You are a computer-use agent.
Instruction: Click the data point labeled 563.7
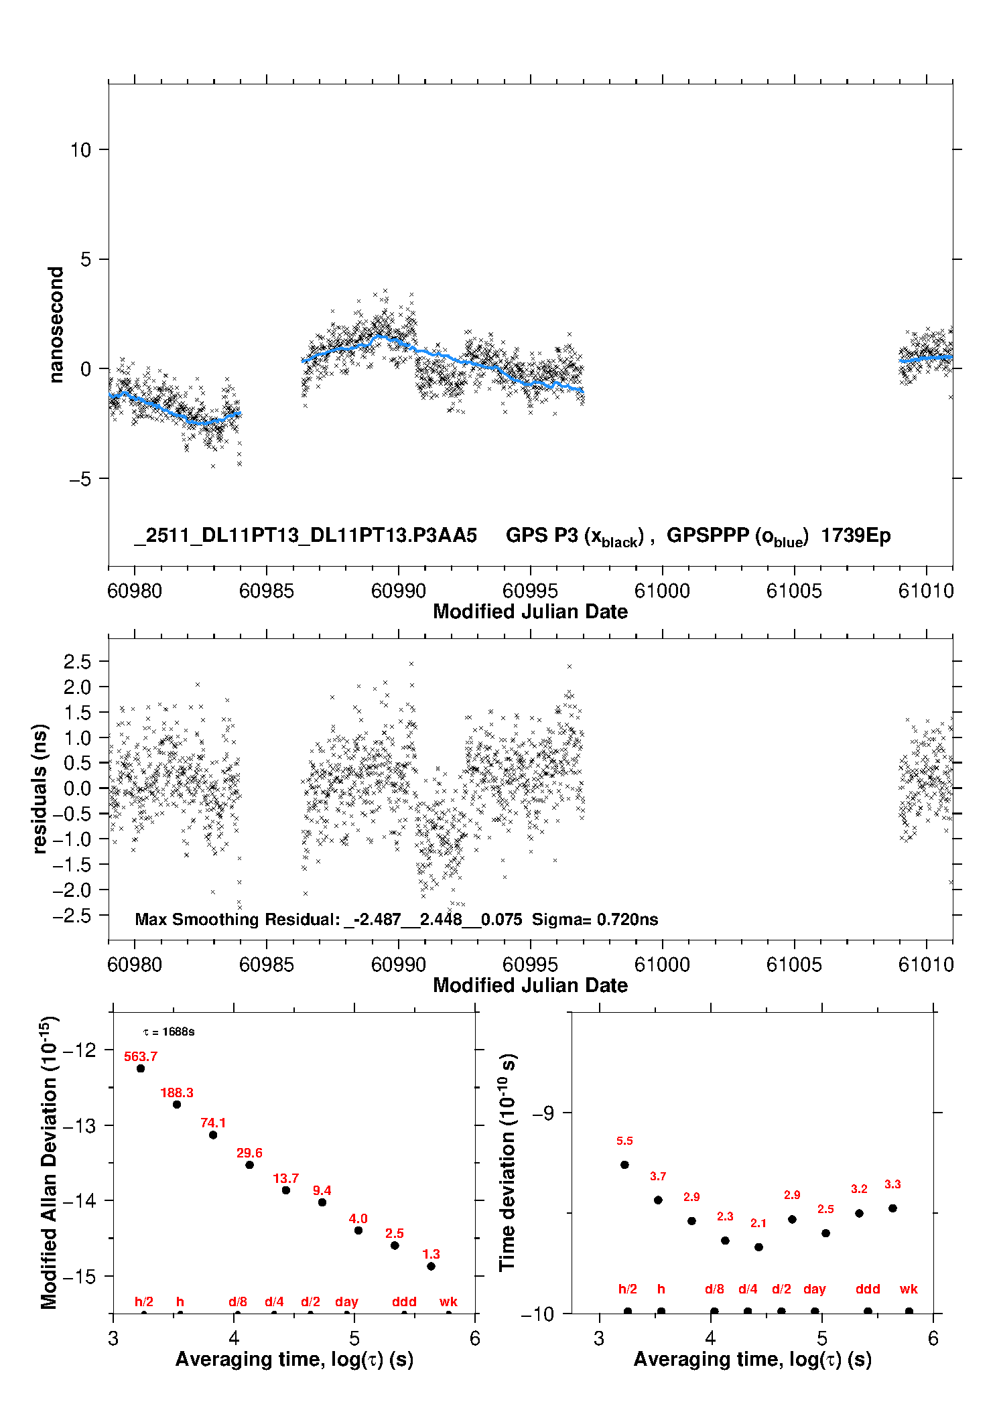[141, 1068]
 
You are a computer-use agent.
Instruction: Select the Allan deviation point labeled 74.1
[213, 1135]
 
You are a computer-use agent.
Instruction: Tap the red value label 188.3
[177, 1092]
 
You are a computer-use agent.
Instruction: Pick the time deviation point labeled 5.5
[624, 1165]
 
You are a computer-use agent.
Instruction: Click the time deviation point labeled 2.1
[758, 1247]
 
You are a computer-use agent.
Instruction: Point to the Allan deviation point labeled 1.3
[431, 1266]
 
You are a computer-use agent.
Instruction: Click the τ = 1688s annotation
[170, 1032]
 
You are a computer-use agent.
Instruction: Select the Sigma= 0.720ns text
[595, 920]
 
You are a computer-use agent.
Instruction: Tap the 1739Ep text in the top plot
[856, 536]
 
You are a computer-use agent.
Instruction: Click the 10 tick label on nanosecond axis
[80, 150]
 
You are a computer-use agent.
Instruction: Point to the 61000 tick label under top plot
[662, 591]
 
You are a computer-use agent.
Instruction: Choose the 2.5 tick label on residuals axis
[77, 662]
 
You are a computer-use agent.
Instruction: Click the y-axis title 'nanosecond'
[56, 325]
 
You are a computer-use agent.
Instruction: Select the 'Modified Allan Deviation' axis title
[50, 1162]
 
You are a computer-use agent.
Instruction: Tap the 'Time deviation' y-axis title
[507, 1162]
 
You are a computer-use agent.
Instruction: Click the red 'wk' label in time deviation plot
[909, 1289]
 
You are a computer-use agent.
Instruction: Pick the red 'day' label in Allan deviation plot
[346, 1301]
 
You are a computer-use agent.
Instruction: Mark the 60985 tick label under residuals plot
[267, 965]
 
